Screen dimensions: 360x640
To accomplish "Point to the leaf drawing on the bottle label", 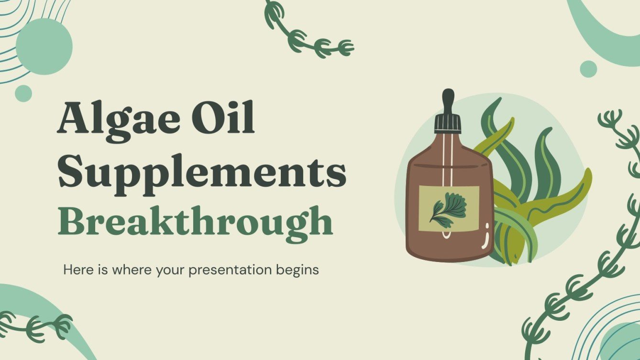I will pos(447,208).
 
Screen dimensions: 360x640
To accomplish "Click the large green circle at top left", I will pos(44,46).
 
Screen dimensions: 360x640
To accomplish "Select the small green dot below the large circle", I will pos(23,93).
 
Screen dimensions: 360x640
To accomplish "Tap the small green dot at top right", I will pos(588,69).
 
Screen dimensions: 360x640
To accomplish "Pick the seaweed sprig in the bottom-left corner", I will pos(36,325).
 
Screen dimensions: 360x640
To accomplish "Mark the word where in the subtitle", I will pos(127,270).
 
